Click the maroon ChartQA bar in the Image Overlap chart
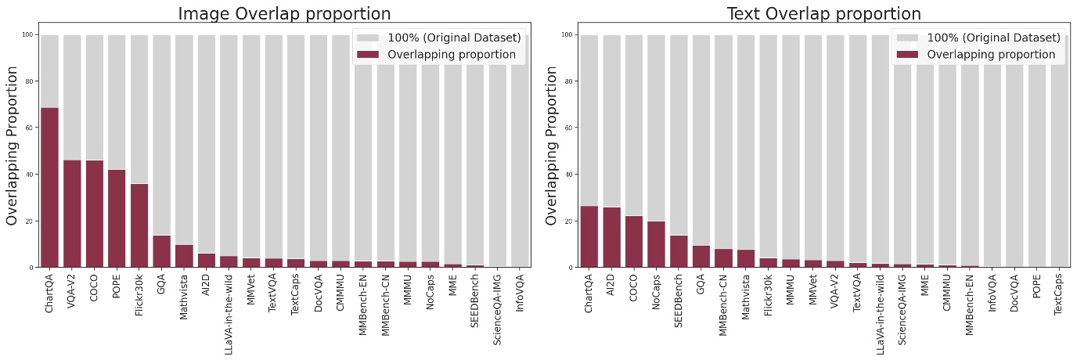[49, 188]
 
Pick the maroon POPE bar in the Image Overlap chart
[117, 218]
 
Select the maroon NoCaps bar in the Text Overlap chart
[657, 244]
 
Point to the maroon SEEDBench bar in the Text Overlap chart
[679, 251]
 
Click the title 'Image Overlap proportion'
[284, 13]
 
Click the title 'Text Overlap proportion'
[823, 13]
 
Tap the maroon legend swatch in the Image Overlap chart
[367, 55]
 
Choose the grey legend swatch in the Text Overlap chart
[906, 38]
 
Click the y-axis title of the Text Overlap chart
[552, 146]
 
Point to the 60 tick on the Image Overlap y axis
[31, 128]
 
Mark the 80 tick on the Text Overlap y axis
[571, 81]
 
